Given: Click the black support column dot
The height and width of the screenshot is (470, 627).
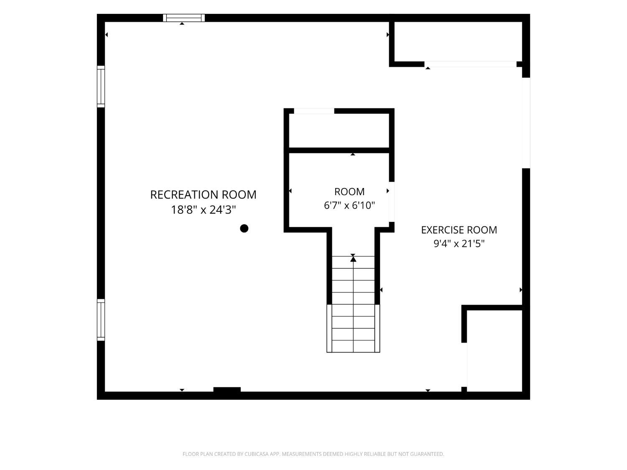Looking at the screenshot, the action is coord(244,228).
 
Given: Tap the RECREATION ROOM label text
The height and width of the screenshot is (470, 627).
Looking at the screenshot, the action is coord(203,195).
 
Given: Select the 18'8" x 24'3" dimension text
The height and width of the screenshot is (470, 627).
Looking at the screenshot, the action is coord(203,210).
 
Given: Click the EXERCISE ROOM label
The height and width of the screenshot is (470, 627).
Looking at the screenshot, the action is coord(459,230).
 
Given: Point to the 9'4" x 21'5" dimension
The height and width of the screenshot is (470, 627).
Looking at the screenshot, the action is coord(459,244).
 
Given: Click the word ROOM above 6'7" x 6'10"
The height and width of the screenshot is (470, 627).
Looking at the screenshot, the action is coord(349,192).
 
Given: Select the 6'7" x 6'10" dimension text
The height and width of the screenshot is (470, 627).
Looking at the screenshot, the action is coord(349,205).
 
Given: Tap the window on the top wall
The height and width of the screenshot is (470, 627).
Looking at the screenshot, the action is coord(184,18).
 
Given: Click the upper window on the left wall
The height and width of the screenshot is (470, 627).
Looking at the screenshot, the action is coord(101,86).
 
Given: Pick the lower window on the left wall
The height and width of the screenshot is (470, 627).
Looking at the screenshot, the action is coord(101,320).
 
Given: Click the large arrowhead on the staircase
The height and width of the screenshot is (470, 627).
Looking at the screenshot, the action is coord(353,259).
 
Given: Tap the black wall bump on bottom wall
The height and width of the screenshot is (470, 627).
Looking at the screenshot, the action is coord(227,389).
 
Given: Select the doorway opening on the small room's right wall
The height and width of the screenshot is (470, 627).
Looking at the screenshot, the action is coord(392,202).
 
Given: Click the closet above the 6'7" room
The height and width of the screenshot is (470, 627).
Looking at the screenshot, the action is coord(339,130).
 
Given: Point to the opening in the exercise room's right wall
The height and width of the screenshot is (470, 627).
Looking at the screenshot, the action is coord(526,123).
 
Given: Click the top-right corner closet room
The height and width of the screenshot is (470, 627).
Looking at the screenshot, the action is coord(458,42).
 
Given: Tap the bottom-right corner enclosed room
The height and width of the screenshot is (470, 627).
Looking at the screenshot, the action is coord(494,351).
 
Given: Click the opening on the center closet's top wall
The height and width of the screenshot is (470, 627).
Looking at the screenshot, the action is coord(314,111).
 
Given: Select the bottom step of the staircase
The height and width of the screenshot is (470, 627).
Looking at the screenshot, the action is coord(353,346).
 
